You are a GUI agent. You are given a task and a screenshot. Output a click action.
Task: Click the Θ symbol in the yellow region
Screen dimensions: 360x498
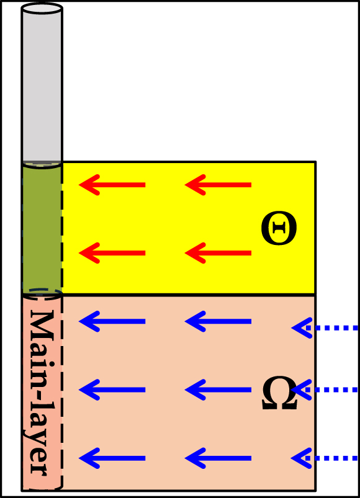coord(279,229)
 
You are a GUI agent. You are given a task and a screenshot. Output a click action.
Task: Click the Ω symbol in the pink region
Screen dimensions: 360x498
coord(279,393)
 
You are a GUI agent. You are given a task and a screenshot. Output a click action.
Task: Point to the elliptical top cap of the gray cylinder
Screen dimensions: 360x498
coord(42,9)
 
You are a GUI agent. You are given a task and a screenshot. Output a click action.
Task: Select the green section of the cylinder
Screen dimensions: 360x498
coord(42,229)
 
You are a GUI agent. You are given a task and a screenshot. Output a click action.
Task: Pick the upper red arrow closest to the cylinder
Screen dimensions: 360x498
coord(112,185)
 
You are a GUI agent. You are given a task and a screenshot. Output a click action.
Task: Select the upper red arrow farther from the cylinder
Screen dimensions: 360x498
coord(218,185)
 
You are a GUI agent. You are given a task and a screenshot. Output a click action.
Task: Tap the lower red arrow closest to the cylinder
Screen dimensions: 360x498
coord(112,253)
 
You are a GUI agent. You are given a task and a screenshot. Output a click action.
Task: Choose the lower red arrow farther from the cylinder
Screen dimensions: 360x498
coord(218,253)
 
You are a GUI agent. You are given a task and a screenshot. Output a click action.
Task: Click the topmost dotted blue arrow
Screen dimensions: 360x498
coord(325,328)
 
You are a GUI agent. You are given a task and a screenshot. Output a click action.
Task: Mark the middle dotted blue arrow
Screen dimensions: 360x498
coord(325,389)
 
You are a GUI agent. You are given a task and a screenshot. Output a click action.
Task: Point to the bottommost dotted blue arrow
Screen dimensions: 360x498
coord(325,458)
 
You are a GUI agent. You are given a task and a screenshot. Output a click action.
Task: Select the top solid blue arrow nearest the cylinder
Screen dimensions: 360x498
coord(112,321)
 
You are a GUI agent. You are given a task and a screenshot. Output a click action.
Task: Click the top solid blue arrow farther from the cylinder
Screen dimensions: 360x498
coord(218,321)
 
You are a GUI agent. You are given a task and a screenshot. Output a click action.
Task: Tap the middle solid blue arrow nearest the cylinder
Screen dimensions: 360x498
coord(112,389)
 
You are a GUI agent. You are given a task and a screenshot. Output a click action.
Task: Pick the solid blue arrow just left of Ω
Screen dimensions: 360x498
coord(218,389)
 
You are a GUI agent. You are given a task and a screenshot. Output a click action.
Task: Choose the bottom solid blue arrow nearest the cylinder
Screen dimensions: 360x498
coord(112,458)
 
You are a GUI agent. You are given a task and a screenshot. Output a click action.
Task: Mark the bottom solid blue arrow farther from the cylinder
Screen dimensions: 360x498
coord(218,458)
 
